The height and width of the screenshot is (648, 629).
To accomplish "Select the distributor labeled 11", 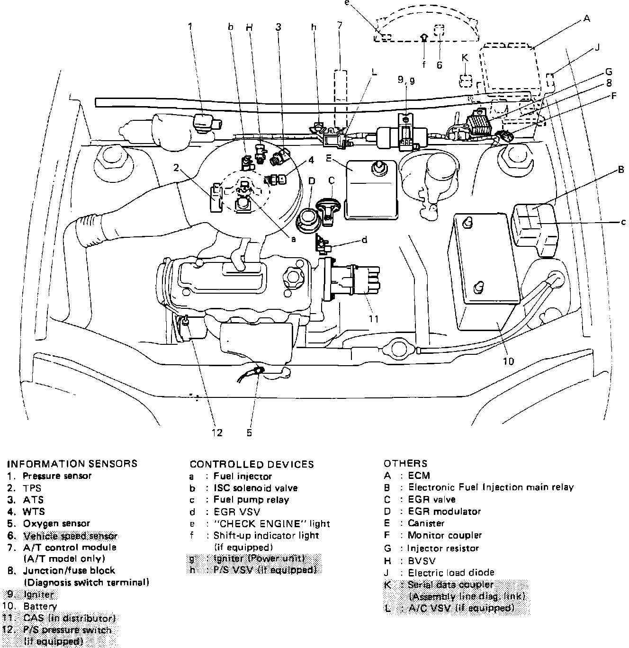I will [x=350, y=279].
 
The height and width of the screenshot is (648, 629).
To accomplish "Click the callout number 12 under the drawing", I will [x=216, y=432].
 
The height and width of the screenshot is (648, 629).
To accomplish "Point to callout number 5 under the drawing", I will [x=249, y=432].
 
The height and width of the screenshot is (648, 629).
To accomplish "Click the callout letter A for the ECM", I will [x=587, y=19].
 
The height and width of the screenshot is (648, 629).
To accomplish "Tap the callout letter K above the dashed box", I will [x=465, y=57].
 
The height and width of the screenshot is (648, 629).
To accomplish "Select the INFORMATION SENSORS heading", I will [x=72, y=464].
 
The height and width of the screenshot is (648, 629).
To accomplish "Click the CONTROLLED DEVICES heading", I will [x=252, y=464].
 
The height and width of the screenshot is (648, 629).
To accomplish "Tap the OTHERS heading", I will [x=405, y=464].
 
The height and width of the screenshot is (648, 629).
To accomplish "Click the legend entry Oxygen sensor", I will [x=56, y=523].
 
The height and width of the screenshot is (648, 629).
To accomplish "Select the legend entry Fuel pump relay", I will [x=251, y=500].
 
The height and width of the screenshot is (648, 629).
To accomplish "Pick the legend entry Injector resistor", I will [x=443, y=548].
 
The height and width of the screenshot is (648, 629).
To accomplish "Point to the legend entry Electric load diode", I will [x=451, y=573].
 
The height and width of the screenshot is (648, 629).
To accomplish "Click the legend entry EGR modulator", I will [x=444, y=512].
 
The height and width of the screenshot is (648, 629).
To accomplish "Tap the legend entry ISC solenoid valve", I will [x=255, y=488].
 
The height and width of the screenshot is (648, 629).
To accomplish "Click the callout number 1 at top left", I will [x=190, y=27].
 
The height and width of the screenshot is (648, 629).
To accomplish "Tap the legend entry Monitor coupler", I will [x=445, y=535].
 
